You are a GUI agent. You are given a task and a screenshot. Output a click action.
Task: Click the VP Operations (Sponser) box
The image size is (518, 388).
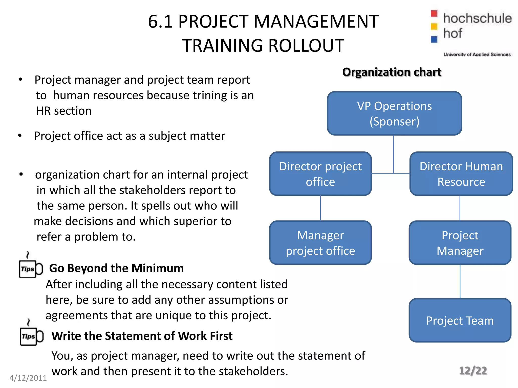pos(394,113)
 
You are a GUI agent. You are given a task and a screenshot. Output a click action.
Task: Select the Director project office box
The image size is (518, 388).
pos(320,174)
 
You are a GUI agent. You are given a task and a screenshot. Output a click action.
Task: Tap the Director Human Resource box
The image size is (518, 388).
pos(461,174)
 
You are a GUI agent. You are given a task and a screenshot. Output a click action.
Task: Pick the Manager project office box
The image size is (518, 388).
pos(320,243)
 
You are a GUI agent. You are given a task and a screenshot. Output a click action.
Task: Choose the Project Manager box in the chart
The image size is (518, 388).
pos(460,243)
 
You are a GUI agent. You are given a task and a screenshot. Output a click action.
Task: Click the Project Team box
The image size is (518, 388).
pos(460,320)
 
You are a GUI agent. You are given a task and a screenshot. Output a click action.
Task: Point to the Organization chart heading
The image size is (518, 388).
pos(392,72)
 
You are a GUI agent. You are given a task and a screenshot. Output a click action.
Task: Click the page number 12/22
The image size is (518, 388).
pos(473,371)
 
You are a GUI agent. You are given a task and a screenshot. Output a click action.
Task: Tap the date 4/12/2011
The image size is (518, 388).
pos(28,378)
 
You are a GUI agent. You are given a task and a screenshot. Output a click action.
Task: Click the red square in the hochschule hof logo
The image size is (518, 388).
pos(434,13)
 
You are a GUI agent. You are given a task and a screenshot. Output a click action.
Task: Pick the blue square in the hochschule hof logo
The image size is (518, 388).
pos(434,39)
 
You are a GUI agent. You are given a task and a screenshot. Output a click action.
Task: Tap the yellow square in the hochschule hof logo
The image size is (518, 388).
pos(434,26)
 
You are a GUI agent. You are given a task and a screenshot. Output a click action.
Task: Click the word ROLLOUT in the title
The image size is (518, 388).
pos(306,46)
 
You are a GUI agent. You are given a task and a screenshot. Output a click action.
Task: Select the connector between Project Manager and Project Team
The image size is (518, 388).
pos(460,281)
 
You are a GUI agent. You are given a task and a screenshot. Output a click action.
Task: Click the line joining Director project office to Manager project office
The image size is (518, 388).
pos(320,208)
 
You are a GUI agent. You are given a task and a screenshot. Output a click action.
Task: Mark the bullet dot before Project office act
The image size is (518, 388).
pos(20,136)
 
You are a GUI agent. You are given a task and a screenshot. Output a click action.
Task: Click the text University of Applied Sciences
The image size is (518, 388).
pos(477,54)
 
